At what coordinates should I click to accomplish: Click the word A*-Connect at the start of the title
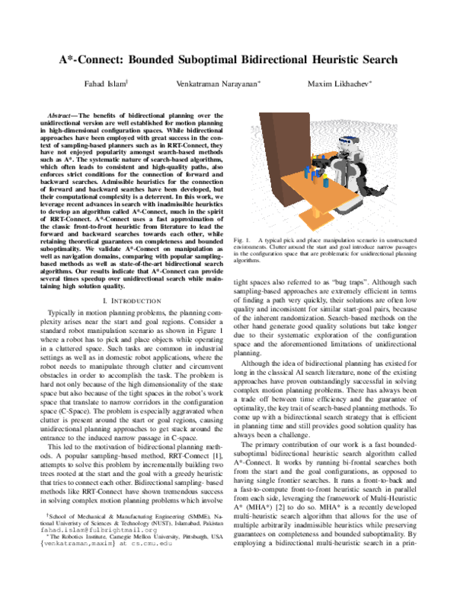[92, 59]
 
